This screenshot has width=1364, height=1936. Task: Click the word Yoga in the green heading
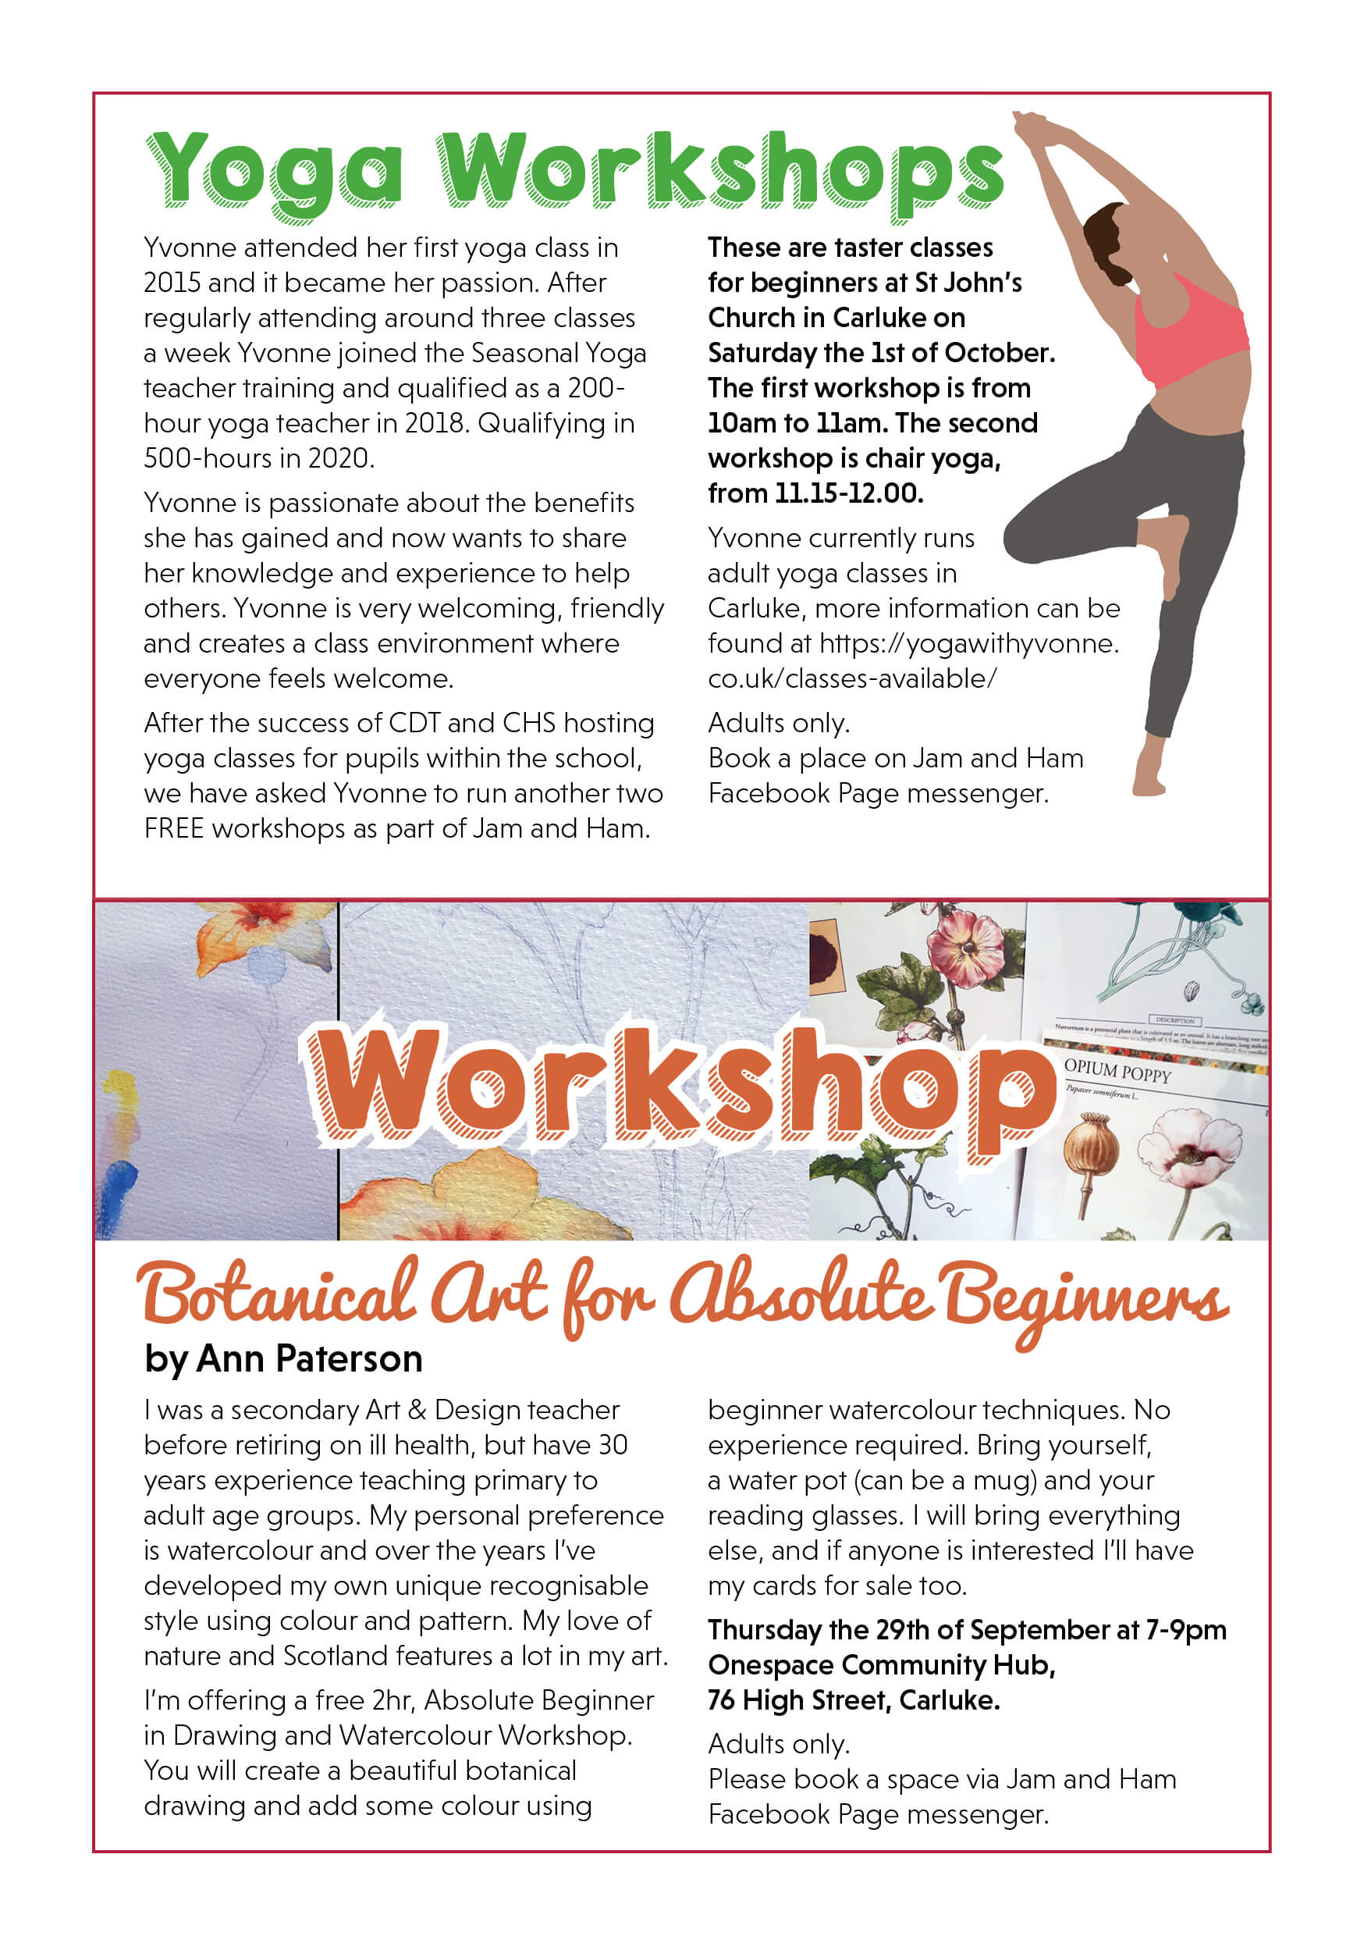pos(274,173)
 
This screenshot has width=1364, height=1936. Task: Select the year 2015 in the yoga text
pos(171,283)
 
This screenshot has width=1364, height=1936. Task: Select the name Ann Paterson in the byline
pos(309,1359)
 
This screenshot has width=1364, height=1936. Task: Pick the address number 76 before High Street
pos(722,1701)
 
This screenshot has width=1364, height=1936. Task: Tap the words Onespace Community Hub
pos(881,1665)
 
